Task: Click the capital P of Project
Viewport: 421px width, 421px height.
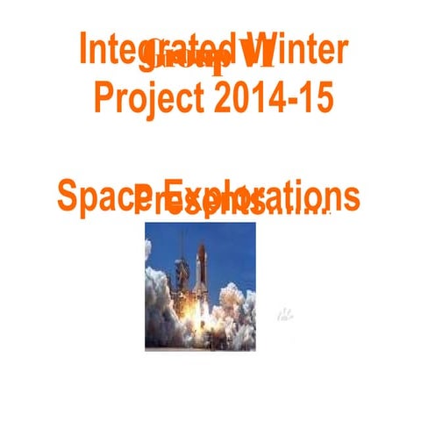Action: coord(103,97)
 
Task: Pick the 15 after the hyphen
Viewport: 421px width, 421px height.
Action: coord(316,97)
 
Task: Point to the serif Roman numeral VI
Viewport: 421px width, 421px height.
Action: coord(255,54)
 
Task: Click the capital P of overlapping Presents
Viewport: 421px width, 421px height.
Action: coord(143,201)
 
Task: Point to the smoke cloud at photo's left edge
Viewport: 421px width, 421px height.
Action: coord(158,298)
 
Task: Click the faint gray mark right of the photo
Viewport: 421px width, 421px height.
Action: coord(286,313)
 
